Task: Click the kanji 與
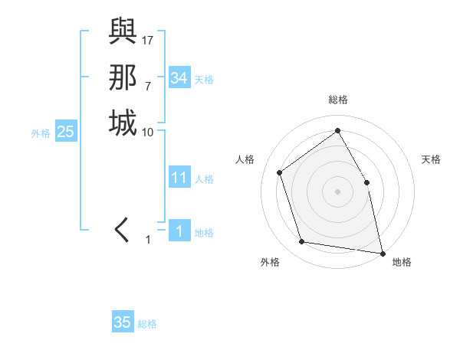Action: coord(123,34)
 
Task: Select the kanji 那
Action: coord(123,77)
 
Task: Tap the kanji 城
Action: coord(123,123)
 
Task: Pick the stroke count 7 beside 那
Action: coord(147,85)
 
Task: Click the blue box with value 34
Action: coord(179,78)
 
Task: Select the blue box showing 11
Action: coord(179,178)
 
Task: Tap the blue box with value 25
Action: coord(66,132)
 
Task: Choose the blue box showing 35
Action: coord(122,322)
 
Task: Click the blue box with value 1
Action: coord(179,231)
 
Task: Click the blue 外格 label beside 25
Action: coord(41,133)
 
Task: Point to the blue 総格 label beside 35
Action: coord(147,324)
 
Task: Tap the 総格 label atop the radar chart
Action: coord(338,100)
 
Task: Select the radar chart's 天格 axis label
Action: coord(431,159)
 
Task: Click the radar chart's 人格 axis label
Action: coord(245,159)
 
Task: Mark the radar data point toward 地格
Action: coord(382,252)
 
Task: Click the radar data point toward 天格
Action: coord(366,182)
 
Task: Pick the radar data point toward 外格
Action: coord(302,242)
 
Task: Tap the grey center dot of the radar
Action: coord(337,191)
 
